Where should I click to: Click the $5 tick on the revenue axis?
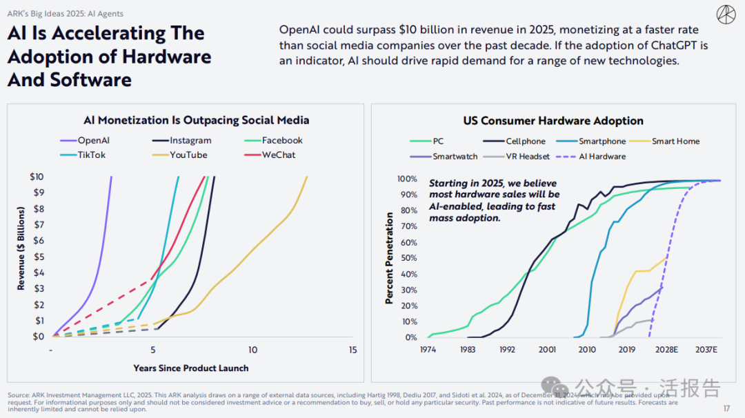click(39, 257)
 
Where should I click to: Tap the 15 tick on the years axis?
click(352, 350)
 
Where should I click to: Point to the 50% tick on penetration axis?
click(407, 258)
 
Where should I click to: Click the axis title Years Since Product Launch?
click(190, 368)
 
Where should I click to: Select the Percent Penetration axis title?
click(390, 258)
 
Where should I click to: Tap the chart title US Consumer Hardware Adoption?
click(553, 121)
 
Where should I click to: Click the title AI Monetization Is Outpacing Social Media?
click(196, 121)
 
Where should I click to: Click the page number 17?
click(726, 408)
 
